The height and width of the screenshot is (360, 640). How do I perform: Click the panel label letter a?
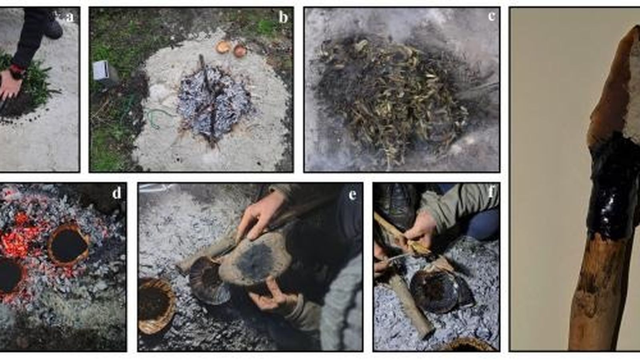point(71,17)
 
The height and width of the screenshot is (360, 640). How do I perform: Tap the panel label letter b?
point(283,18)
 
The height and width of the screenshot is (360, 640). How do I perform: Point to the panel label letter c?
point(491,16)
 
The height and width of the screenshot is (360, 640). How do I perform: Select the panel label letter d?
point(116,193)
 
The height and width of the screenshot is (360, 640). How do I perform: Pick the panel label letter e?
point(352,195)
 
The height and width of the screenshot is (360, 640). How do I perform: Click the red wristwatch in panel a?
point(18,72)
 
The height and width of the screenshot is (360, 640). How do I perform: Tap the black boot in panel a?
point(54,28)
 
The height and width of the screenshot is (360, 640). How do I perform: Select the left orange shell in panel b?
point(222,47)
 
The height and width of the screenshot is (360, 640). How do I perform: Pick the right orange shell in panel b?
point(240,50)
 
